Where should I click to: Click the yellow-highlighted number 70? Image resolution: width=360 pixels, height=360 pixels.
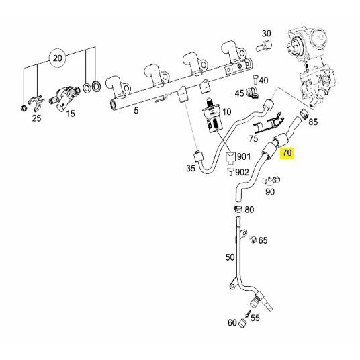[287, 152]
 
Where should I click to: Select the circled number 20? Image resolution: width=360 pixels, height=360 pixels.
[57, 58]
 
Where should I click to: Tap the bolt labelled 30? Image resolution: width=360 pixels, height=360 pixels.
[264, 46]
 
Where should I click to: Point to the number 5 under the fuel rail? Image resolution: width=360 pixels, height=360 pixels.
[136, 110]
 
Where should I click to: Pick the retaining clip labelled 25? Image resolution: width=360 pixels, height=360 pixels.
[36, 103]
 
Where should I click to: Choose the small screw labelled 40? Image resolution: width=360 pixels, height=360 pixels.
[255, 79]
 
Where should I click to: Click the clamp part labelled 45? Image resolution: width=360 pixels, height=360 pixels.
[253, 93]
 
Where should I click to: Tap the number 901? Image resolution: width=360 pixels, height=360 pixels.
[244, 156]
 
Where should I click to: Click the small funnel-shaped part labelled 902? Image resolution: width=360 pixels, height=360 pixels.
[230, 171]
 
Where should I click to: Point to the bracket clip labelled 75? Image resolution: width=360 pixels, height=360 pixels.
[268, 123]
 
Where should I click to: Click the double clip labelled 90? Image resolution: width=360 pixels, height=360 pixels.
[271, 181]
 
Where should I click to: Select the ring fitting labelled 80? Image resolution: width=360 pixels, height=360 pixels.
[238, 209]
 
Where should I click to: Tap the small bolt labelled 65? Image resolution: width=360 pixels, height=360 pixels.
[253, 240]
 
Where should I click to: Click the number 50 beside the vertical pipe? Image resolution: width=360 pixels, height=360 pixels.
[230, 257]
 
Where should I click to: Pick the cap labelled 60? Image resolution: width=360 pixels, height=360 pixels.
[242, 323]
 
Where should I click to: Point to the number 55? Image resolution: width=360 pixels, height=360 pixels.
[255, 318]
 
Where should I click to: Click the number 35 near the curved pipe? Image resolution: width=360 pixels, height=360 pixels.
[191, 169]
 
